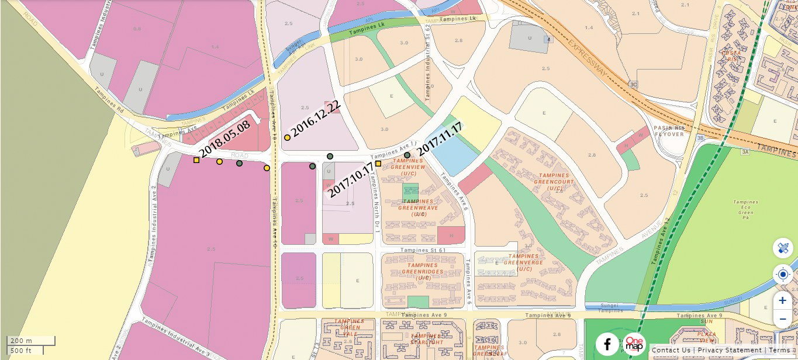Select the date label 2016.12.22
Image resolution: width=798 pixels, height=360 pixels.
pos(316,119)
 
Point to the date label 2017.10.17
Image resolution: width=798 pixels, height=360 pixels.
pos(350,181)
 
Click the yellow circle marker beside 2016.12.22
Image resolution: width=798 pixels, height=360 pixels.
pos(287,138)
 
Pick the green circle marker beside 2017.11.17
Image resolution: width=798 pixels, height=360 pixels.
pos(407,155)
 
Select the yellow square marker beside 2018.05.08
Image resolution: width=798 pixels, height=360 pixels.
pos(196,160)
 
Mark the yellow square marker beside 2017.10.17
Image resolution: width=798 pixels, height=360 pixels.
pos(378,164)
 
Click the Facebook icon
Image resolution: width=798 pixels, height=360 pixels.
pos(607,344)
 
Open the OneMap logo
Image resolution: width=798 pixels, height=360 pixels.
pos(634,344)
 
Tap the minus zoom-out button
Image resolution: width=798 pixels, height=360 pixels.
pos(782,319)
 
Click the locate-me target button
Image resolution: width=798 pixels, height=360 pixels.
pos(782,274)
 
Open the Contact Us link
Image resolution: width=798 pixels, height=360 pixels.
pos(671,350)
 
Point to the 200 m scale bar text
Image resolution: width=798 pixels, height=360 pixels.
pos(21,341)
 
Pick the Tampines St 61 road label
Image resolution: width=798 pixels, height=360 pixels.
pos(423,250)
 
